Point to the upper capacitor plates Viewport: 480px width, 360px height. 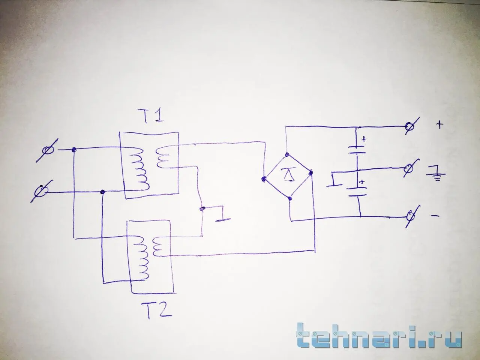tap(356, 148)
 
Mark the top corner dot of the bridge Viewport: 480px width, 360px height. tap(286, 154)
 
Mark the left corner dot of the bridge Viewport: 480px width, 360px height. tap(264, 178)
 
